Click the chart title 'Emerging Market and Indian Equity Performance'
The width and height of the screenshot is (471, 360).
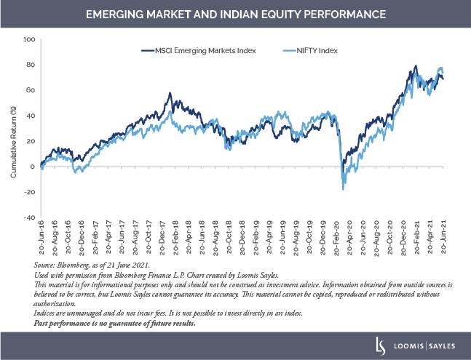[x=235, y=14]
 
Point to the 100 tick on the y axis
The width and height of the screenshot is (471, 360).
[x=30, y=39]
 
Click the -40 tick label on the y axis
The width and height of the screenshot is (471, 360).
[x=28, y=217]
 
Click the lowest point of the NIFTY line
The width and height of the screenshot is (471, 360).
[x=343, y=189]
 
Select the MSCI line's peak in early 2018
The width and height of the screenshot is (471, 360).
[x=170, y=94]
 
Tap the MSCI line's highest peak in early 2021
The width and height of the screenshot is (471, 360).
[x=416, y=66]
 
